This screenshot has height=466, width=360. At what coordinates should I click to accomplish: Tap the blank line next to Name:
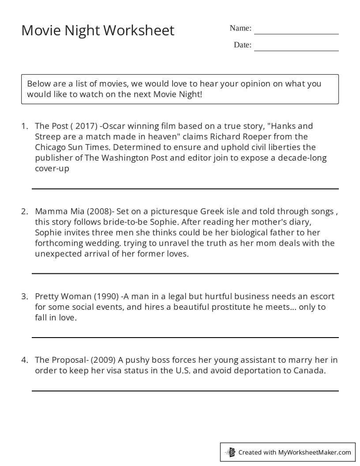coord(296,33)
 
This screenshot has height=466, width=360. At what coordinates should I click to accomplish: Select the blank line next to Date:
coord(296,50)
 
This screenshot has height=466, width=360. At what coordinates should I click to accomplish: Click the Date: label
coord(242,45)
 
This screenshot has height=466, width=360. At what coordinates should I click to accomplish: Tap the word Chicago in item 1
coord(50,147)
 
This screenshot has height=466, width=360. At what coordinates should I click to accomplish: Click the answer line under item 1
coord(185,188)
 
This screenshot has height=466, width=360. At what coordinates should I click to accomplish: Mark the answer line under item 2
coord(185,273)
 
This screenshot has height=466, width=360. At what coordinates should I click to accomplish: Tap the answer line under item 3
coord(185,338)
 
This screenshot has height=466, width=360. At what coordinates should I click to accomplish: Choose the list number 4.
coord(24,360)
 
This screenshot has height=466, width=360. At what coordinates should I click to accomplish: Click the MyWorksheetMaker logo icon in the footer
coord(230,452)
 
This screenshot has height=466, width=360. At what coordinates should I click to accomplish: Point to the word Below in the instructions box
coord(38,84)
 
